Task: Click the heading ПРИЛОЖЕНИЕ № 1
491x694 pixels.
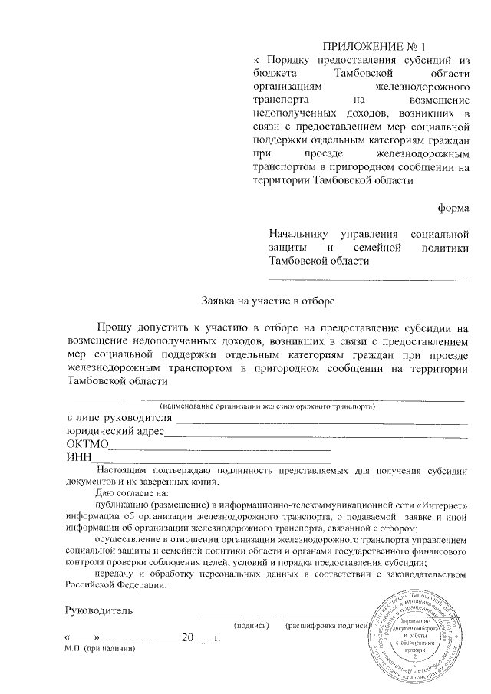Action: tap(369, 45)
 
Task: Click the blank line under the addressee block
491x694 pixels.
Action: tap(367, 279)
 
